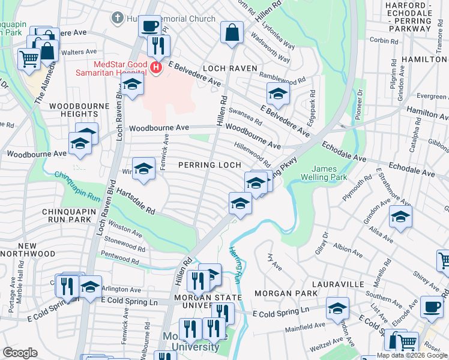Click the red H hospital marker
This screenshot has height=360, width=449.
tap(156, 67)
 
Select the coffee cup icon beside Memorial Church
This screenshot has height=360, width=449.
tap(149, 26)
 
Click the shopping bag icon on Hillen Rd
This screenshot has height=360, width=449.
tap(231, 32)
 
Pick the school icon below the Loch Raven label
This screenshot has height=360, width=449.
tap(277, 94)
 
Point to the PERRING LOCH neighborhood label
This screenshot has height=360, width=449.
tap(209, 164)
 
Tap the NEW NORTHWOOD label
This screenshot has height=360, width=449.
tap(28, 250)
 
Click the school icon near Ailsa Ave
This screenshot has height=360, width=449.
tap(400, 217)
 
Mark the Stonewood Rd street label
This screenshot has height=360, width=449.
tap(125, 244)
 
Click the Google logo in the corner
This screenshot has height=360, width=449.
tap(20, 353)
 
